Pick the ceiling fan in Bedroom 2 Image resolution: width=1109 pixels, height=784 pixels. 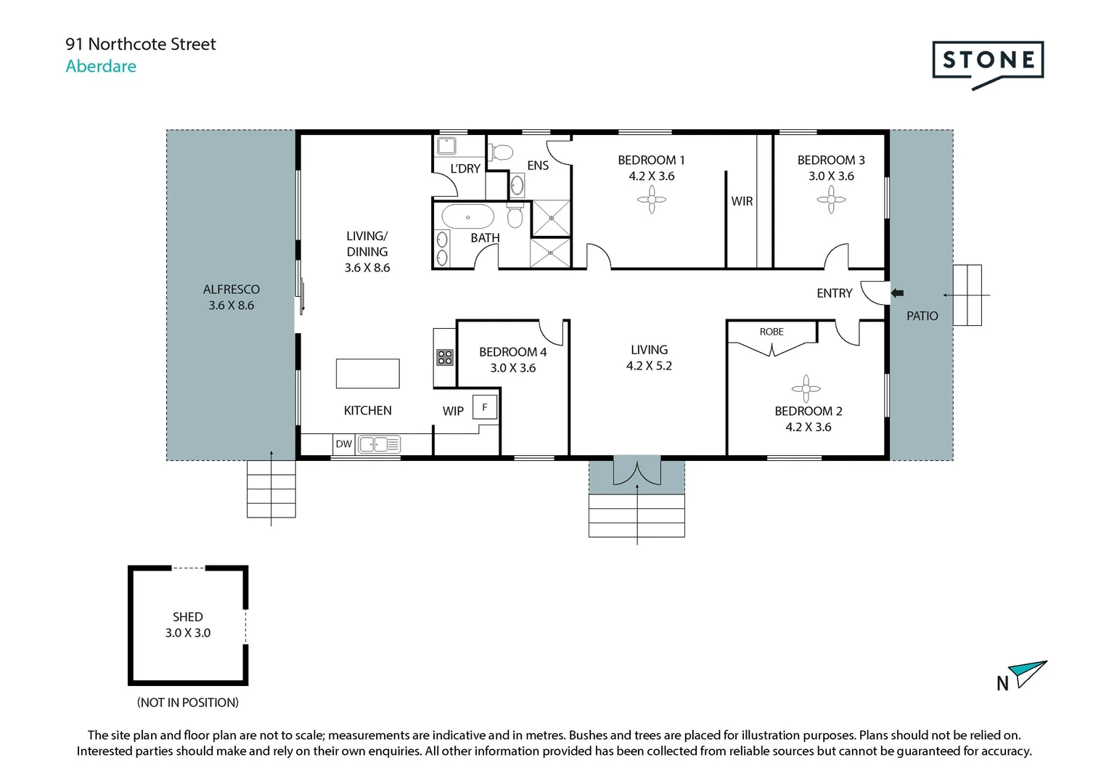806,389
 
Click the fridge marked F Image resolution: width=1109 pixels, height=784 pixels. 485,407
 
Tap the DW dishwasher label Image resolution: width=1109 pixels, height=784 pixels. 343,444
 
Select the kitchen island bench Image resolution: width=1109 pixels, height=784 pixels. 367,374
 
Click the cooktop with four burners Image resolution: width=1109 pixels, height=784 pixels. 444,357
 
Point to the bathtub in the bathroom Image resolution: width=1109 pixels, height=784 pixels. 468,217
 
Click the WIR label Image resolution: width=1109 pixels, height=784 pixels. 742,201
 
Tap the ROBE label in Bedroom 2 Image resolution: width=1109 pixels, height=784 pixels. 772,332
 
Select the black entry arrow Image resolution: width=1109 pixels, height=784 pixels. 897,293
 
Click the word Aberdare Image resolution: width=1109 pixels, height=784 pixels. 101,66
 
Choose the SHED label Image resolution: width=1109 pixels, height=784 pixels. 187,617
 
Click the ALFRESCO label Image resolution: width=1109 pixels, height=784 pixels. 231,289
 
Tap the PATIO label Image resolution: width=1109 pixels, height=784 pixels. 922,316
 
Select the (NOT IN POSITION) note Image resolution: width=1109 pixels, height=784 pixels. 187,703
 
